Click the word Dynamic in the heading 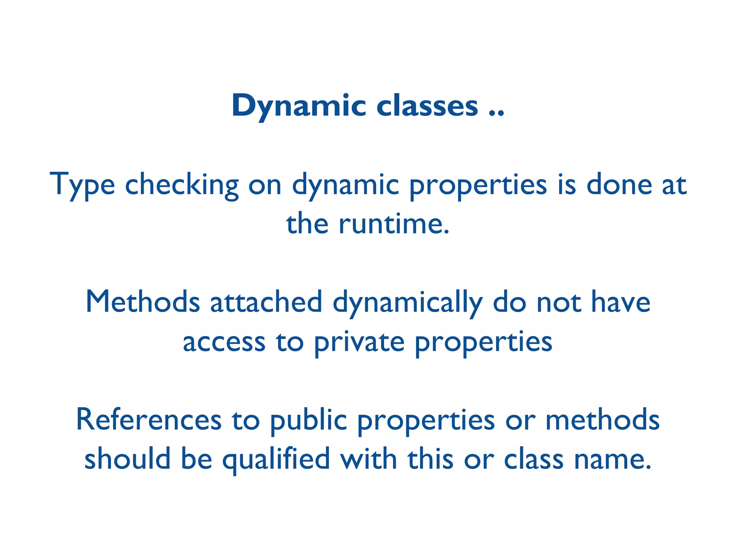pyautogui.click(x=299, y=106)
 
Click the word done pyautogui.click(x=619, y=184)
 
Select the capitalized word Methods pyautogui.click(x=143, y=302)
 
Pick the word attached pyautogui.click(x=266, y=302)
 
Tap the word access pyautogui.click(x=224, y=342)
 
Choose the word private pyautogui.click(x=359, y=342)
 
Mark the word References pyautogui.click(x=149, y=419)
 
